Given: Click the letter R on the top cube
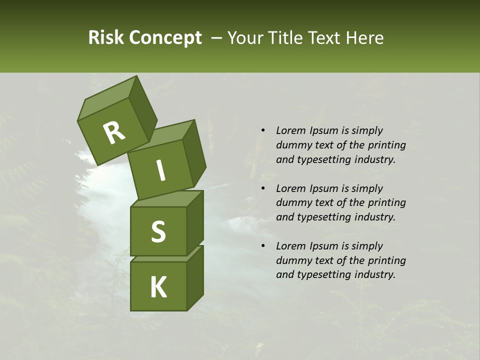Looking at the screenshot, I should (114, 133).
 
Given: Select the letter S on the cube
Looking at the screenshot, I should (158, 231).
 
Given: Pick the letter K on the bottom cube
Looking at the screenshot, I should (158, 287).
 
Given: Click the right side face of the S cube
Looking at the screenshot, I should (195, 222).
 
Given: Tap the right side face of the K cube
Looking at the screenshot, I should (195, 278).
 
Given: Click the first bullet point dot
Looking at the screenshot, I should (263, 130).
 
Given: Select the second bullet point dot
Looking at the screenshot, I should (263, 188).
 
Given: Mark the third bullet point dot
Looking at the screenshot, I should (263, 246).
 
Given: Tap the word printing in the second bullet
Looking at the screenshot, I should (387, 203).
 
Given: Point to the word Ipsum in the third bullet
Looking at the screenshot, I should (324, 246).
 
